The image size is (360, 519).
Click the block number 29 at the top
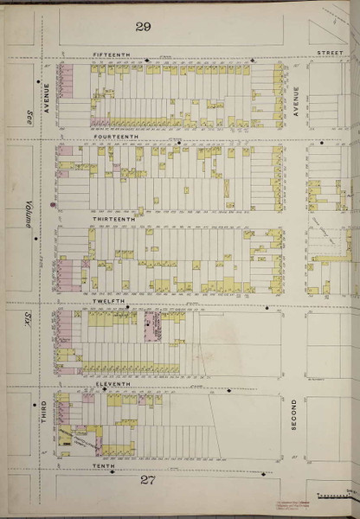143,28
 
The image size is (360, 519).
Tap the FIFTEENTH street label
111,54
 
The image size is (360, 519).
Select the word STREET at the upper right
329,54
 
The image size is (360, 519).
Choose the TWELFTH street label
108,302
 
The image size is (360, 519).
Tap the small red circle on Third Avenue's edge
54,205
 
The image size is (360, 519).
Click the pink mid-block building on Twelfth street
153,327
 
